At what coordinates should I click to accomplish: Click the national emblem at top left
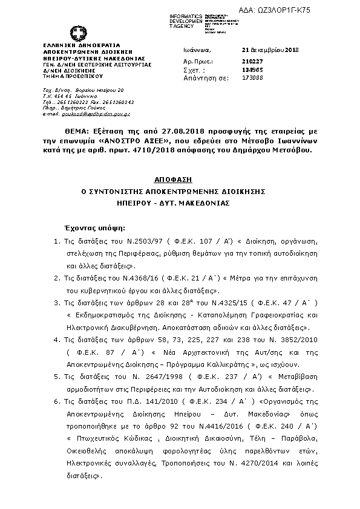[x=78, y=34]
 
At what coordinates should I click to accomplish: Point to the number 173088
[x=250, y=78]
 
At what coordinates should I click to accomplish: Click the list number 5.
[x=56, y=377]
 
